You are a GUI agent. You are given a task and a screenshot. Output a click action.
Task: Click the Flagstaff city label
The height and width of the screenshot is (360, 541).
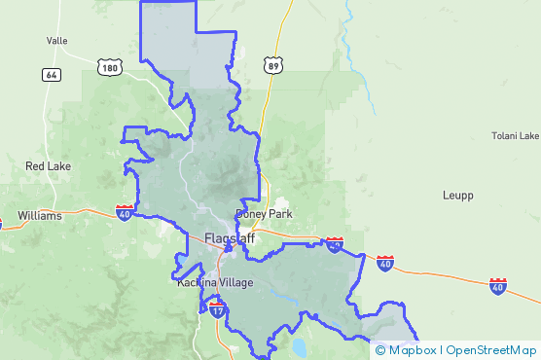pyautogui.click(x=230, y=238)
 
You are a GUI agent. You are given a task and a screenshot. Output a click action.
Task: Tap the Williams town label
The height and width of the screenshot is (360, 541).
pyautogui.click(x=40, y=215)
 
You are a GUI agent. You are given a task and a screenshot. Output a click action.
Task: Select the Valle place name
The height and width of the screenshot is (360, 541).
pyautogui.click(x=56, y=41)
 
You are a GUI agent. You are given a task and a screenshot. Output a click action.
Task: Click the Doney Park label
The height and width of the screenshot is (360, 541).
pyautogui.click(x=264, y=214)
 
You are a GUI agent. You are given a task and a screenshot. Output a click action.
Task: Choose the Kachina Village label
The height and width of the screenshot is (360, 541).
pyautogui.click(x=215, y=283)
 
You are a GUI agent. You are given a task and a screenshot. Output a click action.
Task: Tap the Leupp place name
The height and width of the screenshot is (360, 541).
pyautogui.click(x=457, y=196)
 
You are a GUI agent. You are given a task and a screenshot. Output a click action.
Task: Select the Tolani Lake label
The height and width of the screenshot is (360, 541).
pyautogui.click(x=515, y=136)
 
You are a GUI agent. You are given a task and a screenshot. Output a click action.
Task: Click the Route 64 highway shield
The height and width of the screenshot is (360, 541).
pyautogui.click(x=52, y=74)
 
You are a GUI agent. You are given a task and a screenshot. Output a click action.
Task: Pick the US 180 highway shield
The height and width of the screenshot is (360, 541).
pyautogui.click(x=109, y=66)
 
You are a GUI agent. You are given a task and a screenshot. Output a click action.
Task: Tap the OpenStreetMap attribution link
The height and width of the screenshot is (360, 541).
pyautogui.click(x=491, y=350)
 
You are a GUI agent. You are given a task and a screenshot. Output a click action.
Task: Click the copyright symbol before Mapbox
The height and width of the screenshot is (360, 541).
pyautogui.click(x=380, y=350)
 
